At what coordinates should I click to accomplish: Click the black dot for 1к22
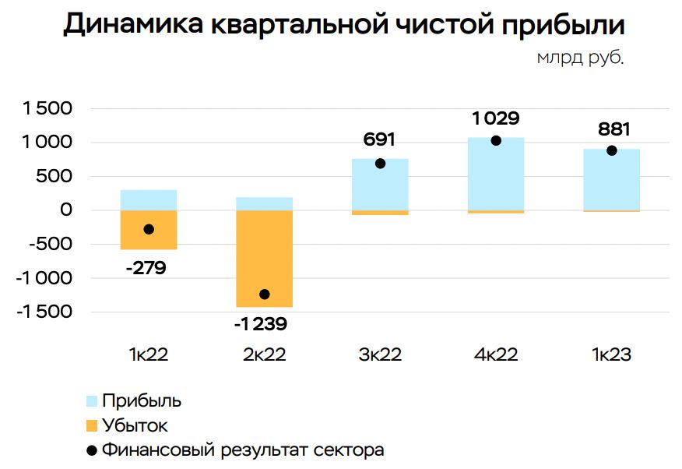pos(149,229)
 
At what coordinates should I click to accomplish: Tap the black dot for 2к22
pos(265,294)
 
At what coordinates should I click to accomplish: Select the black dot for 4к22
pos(496,140)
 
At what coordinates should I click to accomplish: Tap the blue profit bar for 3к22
pos(380,187)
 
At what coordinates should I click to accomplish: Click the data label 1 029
pos(496,119)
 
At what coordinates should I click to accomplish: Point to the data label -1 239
pos(265,323)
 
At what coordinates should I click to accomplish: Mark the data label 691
pos(380,140)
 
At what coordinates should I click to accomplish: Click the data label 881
pos(614,129)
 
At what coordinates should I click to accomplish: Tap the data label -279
pos(146,270)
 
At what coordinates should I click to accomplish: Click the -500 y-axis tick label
pos(51,244)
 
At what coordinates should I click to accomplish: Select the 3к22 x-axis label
pos(380,355)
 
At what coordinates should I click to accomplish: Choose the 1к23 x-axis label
pos(611,355)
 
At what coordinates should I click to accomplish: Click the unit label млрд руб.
pos(580,58)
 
